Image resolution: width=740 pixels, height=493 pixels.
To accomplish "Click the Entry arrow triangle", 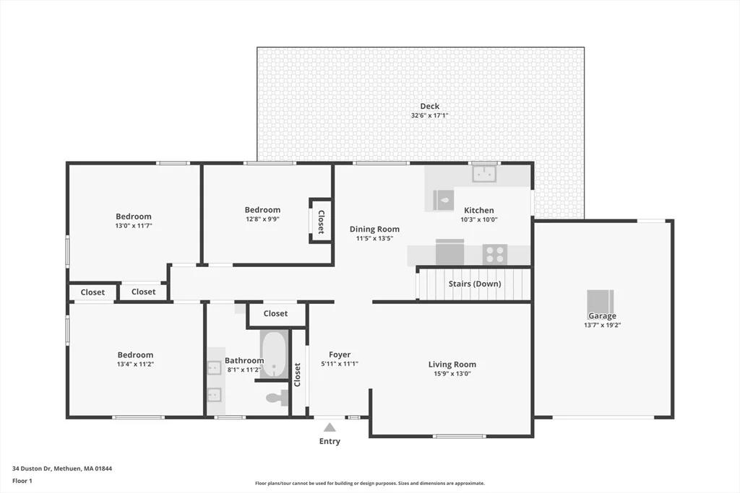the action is [x=330, y=427].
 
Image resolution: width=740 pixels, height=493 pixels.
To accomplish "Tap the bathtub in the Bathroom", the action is [x=274, y=354].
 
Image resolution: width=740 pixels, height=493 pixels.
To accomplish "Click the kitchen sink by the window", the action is [x=484, y=174].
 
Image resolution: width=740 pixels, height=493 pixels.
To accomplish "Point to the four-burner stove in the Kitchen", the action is [x=494, y=255].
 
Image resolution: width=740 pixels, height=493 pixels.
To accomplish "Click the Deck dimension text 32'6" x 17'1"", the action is [x=429, y=115].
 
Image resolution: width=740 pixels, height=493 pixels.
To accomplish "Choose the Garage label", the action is [x=602, y=315].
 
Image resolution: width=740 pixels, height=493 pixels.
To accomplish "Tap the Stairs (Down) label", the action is [x=475, y=284].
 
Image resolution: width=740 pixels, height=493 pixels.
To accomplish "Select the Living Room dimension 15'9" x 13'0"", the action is [x=452, y=374].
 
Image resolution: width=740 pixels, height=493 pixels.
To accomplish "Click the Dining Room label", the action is [x=374, y=229].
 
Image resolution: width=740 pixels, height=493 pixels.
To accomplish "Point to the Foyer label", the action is [x=340, y=355].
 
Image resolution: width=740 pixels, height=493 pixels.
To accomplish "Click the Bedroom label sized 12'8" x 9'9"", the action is [x=262, y=210].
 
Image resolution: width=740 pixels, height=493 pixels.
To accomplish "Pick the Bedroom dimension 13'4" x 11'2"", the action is [x=135, y=364].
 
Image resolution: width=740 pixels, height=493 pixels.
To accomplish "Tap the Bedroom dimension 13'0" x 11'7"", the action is [x=134, y=226].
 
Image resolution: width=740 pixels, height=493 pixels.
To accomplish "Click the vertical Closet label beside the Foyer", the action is [x=297, y=375].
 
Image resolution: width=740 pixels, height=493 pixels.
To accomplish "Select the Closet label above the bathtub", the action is [x=275, y=313].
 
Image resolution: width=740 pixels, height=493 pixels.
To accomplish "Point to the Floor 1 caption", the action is [x=22, y=481].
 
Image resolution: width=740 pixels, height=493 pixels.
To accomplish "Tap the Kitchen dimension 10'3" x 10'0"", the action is [x=479, y=219].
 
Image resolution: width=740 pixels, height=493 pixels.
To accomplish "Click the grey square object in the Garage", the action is [x=601, y=302].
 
